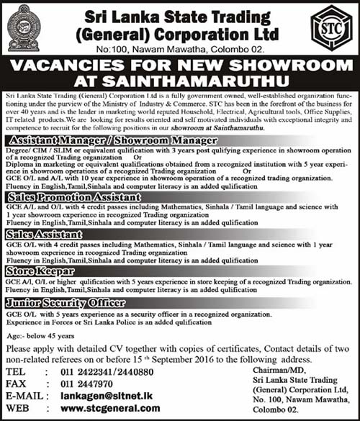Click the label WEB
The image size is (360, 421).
15,408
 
